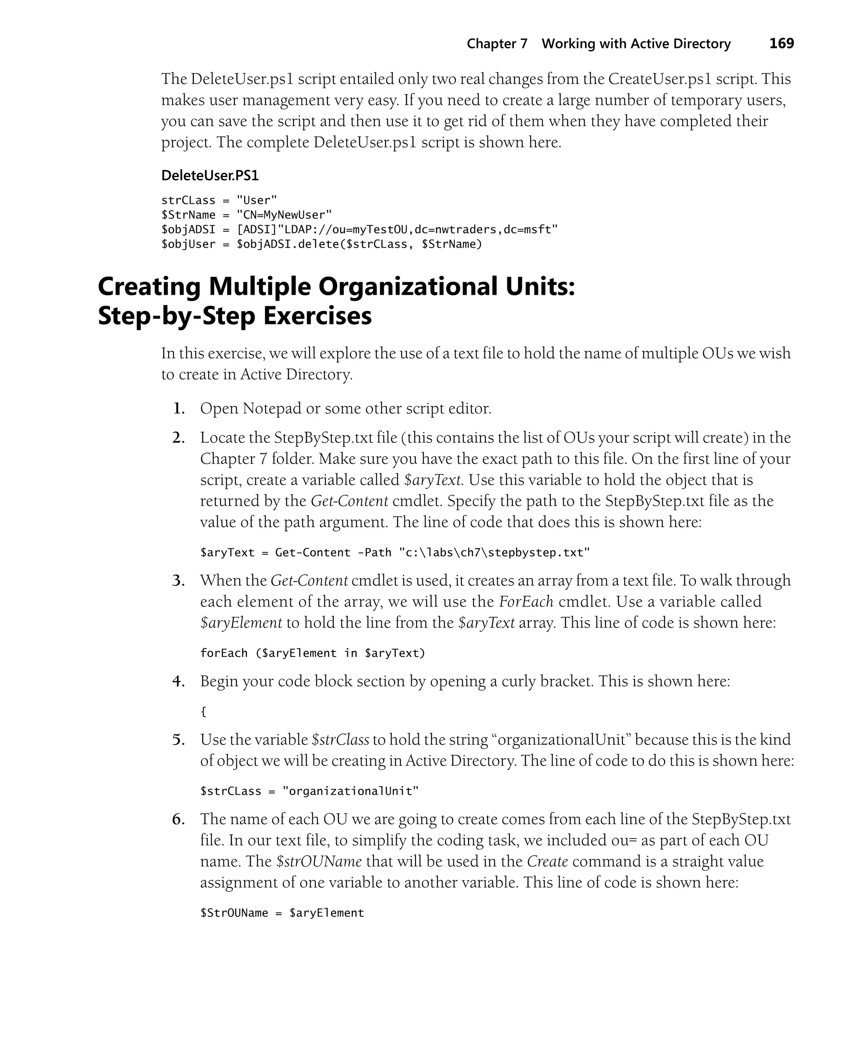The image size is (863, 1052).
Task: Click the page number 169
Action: [782, 44]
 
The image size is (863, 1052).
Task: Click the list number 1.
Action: [179, 409]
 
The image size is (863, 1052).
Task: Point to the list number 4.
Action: [179, 681]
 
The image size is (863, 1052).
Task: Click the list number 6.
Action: [179, 819]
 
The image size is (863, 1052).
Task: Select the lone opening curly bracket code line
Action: [203, 712]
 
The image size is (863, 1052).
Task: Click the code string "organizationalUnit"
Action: [351, 791]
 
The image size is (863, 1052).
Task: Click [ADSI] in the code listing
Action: [257, 230]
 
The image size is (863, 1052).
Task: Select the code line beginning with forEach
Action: [313, 653]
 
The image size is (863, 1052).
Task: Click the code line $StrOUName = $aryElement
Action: [282, 913]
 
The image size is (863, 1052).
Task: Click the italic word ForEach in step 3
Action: [526, 601]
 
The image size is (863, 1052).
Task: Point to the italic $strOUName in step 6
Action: [319, 861]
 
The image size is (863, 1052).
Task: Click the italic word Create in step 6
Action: [547, 861]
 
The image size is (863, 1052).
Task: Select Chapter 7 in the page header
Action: [497, 44]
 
